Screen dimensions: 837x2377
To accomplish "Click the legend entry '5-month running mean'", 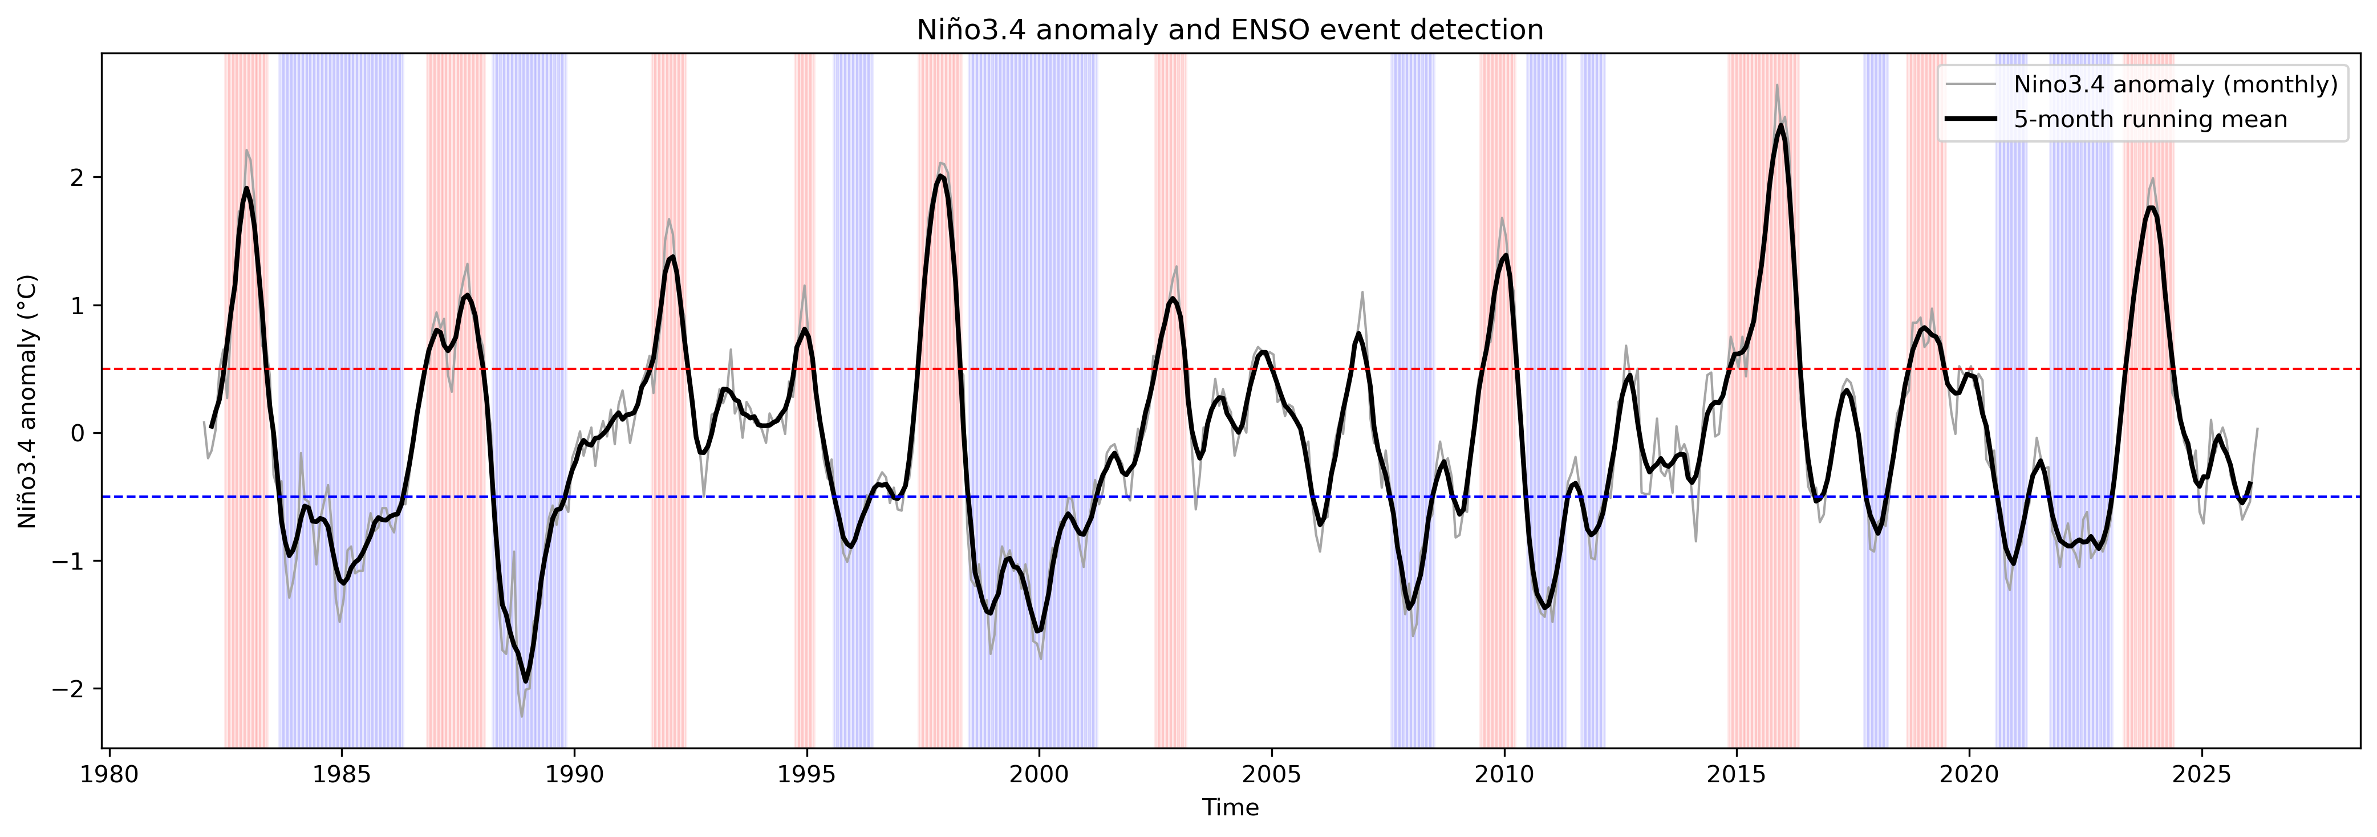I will point(2150,120).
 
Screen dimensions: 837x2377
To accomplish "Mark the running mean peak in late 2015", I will point(1780,125).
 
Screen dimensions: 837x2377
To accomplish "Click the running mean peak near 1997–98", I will point(939,176).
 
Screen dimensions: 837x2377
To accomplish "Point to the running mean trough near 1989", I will point(526,681).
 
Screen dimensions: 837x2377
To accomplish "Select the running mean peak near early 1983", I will point(246,188).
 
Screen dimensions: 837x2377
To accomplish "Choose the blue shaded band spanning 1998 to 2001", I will point(1033,277).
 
